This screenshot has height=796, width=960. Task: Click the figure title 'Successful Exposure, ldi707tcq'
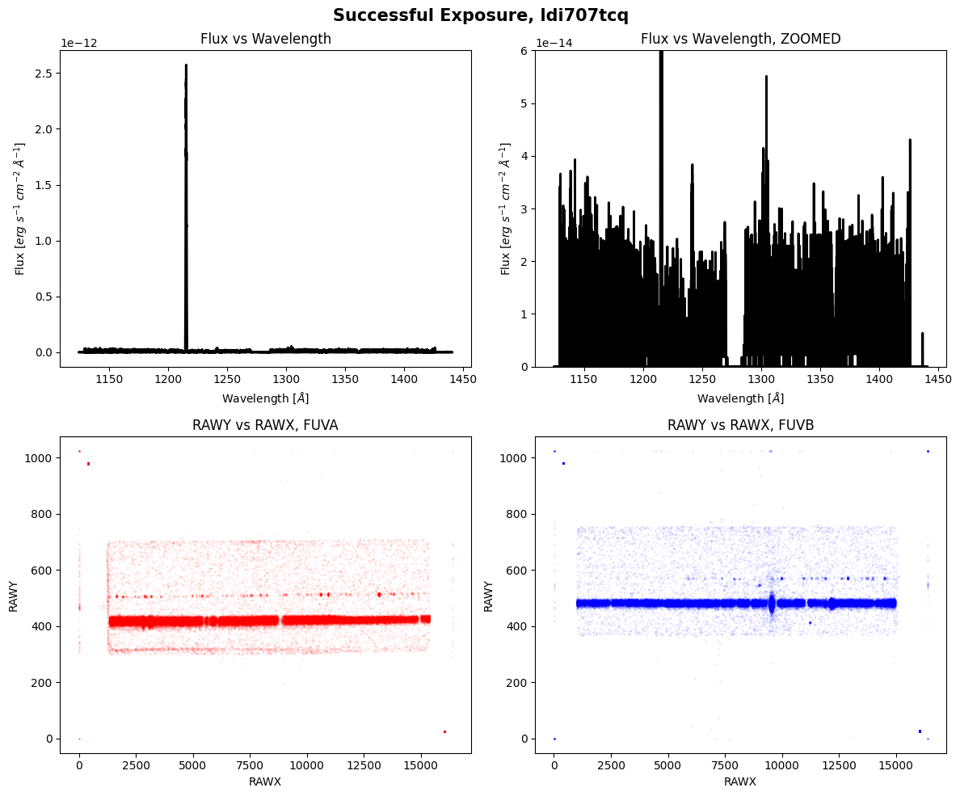(x=480, y=15)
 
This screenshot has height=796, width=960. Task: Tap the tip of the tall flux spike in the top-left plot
(x=186, y=65)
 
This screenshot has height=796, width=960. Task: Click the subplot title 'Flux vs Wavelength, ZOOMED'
(x=740, y=39)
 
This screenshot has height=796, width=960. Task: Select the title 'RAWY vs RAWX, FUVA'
(x=265, y=425)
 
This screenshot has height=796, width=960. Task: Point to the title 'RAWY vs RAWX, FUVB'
(x=740, y=425)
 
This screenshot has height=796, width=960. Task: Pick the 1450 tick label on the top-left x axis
(x=464, y=379)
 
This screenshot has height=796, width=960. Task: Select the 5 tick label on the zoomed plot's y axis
(x=524, y=103)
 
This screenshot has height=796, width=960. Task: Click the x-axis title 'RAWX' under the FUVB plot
(x=740, y=781)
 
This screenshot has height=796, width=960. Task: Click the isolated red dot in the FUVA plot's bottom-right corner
(x=444, y=732)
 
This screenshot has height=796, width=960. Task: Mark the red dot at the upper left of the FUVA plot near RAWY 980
(x=88, y=464)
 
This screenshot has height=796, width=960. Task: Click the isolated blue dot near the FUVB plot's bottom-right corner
(x=920, y=731)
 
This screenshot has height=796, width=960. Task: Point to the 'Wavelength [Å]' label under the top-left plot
(x=265, y=398)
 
